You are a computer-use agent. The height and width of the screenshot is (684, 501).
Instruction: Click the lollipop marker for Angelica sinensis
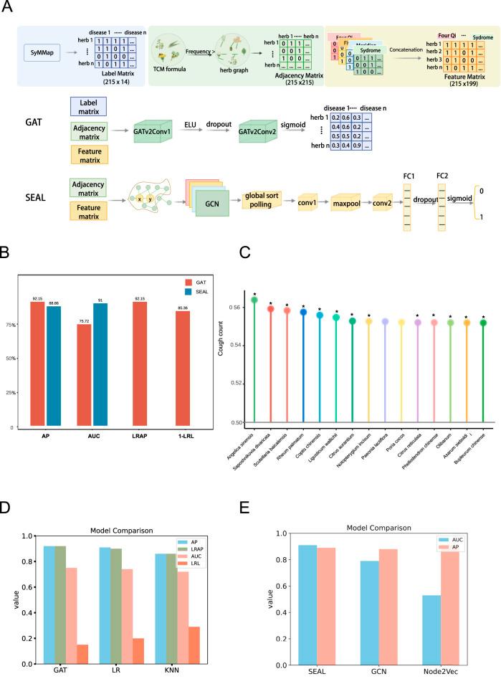click(254, 300)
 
